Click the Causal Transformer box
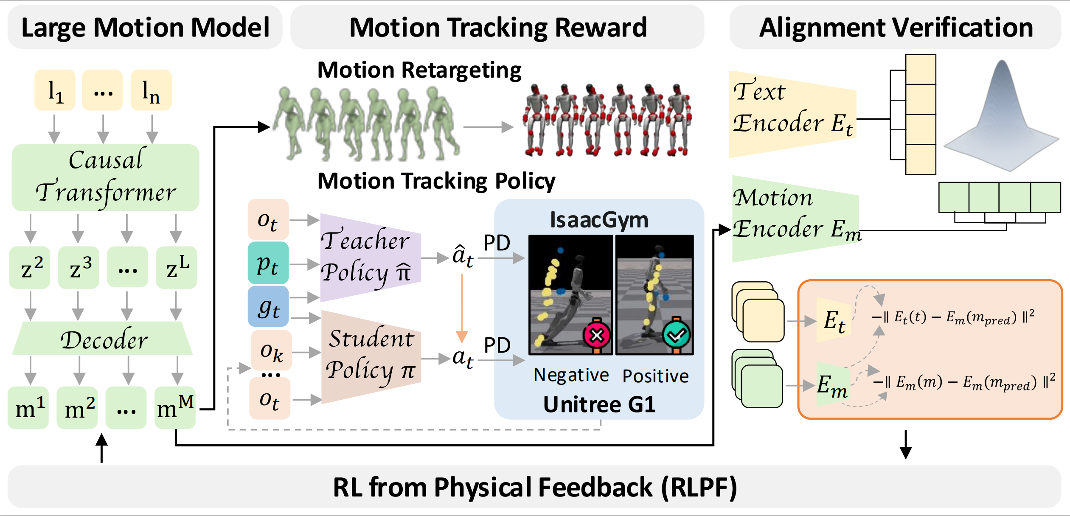(105, 177)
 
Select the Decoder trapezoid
(102, 338)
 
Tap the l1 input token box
(55, 90)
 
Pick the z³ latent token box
(79, 267)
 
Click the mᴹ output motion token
(175, 407)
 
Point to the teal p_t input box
(268, 263)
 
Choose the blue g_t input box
(268, 306)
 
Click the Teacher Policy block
(371, 258)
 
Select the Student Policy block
(371, 357)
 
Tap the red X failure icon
(597, 335)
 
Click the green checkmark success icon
(676, 335)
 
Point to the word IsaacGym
(599, 220)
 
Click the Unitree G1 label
(599, 404)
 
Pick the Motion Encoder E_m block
(796, 219)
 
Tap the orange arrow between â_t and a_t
(462, 308)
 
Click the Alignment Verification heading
(896, 28)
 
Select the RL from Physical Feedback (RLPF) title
(535, 487)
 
